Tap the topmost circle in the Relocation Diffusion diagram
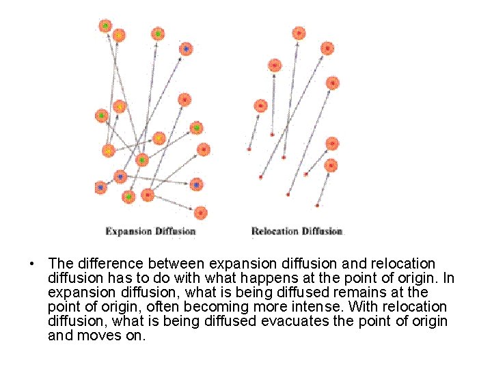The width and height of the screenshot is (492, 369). pyautogui.click(x=299, y=33)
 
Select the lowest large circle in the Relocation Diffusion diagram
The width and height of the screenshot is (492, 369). pyautogui.click(x=331, y=165)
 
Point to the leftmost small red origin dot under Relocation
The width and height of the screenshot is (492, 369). pyautogui.click(x=249, y=148)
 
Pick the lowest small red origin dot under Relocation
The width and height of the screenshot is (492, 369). pyautogui.click(x=318, y=204)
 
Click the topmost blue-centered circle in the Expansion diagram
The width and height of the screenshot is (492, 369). pyautogui.click(x=186, y=49)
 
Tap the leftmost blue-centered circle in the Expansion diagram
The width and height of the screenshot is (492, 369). pyautogui.click(x=101, y=186)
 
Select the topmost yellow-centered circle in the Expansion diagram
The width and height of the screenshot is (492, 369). pyautogui.click(x=119, y=34)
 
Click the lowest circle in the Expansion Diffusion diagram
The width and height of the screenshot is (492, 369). pyautogui.click(x=200, y=213)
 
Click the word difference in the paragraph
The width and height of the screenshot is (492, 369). pyautogui.click(x=102, y=264)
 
